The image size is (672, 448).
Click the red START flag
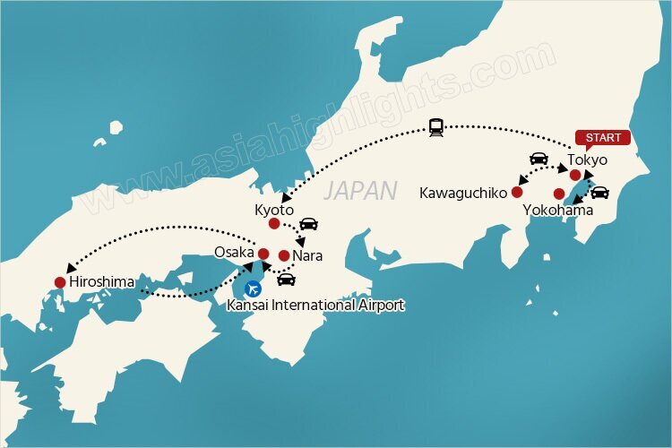602,138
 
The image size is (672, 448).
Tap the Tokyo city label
588,160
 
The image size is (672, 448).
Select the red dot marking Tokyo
574,175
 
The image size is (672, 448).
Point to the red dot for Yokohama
558,194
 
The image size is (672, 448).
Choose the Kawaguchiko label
461,193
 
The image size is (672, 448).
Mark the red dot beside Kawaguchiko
516,192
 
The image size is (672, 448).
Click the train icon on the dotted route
437,127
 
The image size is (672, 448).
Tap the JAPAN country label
359,190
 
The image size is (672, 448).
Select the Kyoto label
273,210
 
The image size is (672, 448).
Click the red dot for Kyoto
274,224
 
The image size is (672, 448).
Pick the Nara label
307,256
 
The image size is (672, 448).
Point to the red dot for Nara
284,256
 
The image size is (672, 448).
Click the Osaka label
234,253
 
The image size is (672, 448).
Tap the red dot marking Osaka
263,254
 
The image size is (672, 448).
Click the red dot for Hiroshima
60,283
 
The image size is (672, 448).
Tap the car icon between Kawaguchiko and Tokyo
539,159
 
